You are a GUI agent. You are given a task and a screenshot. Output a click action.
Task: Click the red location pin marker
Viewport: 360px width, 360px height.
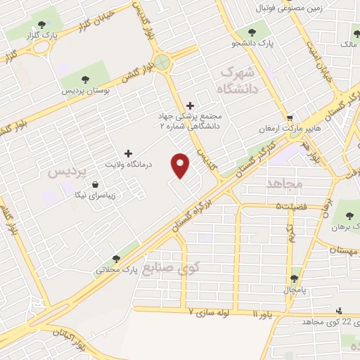(181, 165)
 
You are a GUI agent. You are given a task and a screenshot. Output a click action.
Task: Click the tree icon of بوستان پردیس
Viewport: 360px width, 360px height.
(86, 79)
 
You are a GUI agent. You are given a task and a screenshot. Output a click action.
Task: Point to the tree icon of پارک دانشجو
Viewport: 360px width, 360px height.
(252, 32)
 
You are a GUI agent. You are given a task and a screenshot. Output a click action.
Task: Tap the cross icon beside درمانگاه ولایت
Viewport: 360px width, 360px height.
(127, 153)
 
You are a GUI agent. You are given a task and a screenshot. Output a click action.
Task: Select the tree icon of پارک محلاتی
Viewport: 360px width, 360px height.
(115, 259)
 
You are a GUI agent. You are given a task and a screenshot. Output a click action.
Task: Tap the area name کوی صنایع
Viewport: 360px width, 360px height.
(171, 268)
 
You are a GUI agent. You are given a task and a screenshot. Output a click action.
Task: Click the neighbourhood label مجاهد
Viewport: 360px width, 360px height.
(284, 184)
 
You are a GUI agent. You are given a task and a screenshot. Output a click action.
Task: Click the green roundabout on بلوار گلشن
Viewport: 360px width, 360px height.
(164, 62)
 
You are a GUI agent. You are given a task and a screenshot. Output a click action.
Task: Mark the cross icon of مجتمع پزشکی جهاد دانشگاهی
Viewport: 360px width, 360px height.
(190, 105)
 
